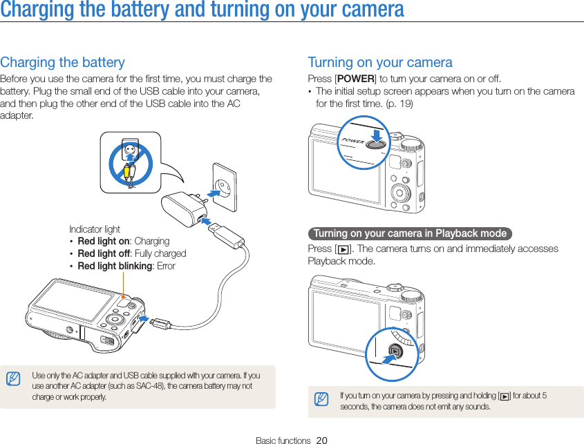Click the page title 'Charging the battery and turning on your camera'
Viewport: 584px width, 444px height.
click(x=202, y=10)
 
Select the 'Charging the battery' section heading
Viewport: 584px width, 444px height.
click(x=63, y=62)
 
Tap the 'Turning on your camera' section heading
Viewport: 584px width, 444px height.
click(x=380, y=62)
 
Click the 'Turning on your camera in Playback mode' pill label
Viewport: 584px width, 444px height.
click(x=410, y=233)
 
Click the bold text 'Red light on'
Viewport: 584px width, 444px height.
click(x=103, y=241)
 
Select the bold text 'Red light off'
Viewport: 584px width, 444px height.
click(x=103, y=253)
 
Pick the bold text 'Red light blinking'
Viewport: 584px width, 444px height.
click(x=115, y=266)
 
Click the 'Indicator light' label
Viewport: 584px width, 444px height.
click(x=95, y=229)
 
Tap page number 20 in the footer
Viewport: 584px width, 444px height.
click(x=321, y=440)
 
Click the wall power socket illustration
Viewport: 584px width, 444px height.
click(x=223, y=186)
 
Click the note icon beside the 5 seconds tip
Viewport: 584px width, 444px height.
click(x=320, y=399)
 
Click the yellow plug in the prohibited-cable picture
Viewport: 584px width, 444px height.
click(x=126, y=171)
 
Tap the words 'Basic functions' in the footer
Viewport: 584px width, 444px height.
click(x=283, y=440)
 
